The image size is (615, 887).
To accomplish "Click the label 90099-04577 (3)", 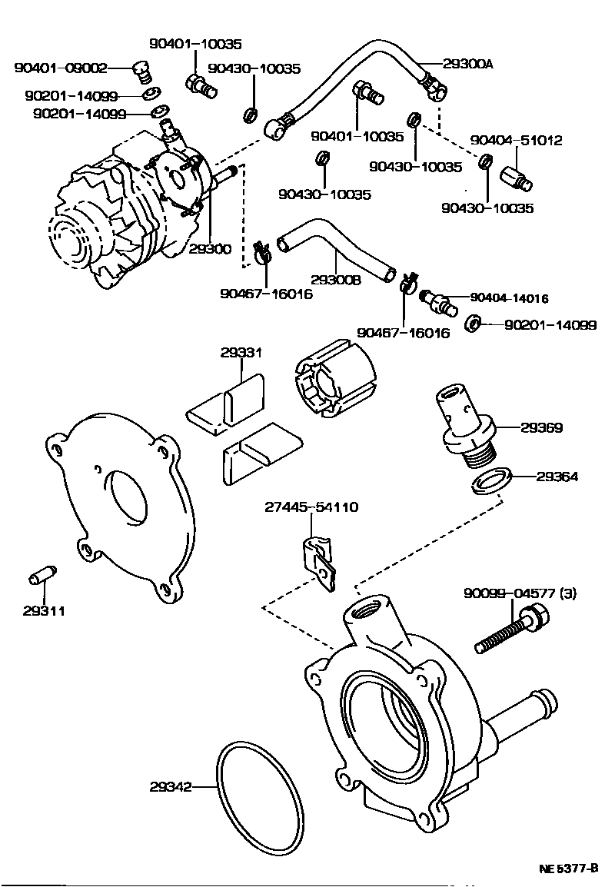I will point(519,593).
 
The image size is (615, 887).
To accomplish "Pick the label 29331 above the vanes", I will point(241,353).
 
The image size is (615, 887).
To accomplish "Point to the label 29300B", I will point(335,281).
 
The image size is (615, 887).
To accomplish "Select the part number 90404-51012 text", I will point(516,141).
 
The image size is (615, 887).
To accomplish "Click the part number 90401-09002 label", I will point(61,68).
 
